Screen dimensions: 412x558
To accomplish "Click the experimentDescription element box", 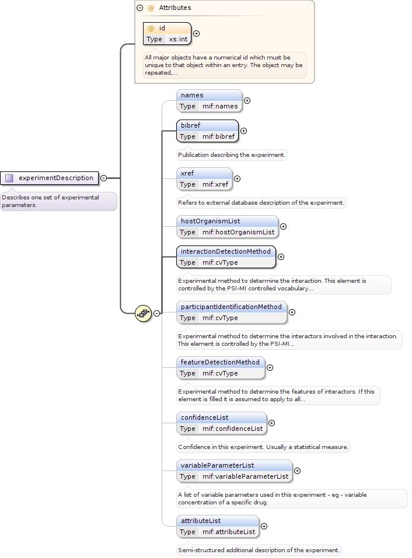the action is [50, 178].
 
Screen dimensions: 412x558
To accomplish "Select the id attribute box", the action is [167, 33].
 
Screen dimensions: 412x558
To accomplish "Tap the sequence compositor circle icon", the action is [143, 314].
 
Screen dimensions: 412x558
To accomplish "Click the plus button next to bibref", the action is [243, 131].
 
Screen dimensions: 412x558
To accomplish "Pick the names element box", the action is [210, 101].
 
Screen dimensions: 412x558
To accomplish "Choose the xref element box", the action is [204, 179].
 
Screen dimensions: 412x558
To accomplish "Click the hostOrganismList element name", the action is [211, 221].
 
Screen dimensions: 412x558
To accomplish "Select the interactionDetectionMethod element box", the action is [226, 257].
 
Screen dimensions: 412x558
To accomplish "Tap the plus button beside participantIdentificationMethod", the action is [292, 312].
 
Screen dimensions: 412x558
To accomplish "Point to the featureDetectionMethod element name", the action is [220, 362].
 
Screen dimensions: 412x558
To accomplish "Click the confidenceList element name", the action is [205, 417].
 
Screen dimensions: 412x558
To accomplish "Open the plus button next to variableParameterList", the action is [298, 471].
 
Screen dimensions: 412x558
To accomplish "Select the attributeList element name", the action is [201, 521].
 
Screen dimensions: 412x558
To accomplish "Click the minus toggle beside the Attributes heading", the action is [140, 8].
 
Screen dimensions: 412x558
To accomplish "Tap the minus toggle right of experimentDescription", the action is [104, 178].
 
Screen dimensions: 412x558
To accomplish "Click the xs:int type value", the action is [178, 39].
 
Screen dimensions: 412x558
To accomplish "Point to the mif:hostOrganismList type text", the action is [239, 232].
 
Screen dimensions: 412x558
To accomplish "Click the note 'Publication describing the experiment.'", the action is [232, 155].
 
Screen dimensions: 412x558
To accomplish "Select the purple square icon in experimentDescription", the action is [9, 178].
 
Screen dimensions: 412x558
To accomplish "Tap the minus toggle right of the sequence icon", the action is [156, 313].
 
